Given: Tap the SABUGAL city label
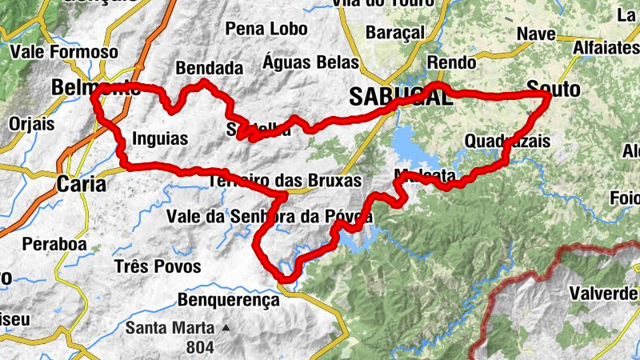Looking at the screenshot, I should click(395, 98).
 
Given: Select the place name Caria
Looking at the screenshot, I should click(81, 184).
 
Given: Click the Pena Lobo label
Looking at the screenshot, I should click(266, 30).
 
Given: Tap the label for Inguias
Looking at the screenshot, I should click(160, 139).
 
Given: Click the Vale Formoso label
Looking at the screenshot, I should click(64, 53).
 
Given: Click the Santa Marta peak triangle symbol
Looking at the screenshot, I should click(226, 328).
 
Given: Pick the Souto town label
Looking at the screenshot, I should click(554, 90).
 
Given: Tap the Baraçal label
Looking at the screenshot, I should click(392, 33).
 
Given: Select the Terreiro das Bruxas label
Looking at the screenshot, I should click(285, 180).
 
